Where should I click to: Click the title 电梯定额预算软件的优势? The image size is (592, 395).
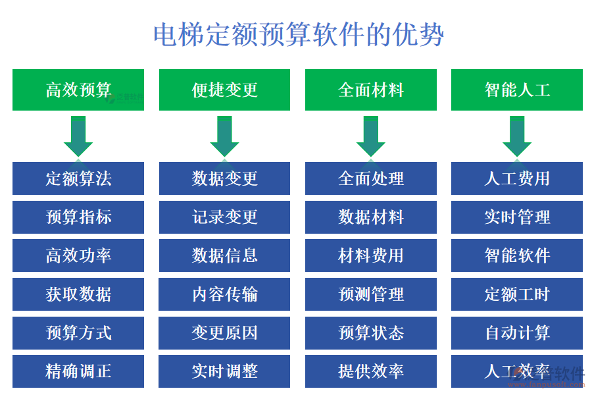tap(298, 34)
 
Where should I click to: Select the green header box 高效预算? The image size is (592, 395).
tap(78, 90)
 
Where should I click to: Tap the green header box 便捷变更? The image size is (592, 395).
tap(224, 90)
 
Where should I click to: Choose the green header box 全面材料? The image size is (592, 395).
tap(370, 90)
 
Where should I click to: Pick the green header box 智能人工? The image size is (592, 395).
tap(516, 90)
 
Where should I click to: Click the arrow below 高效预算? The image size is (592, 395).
tap(78, 136)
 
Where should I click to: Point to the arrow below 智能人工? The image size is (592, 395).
tap(516, 136)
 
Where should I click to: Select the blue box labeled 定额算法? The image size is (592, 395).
tap(78, 178)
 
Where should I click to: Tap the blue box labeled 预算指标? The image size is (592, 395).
tap(78, 217)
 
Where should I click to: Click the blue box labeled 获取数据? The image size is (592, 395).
tap(78, 294)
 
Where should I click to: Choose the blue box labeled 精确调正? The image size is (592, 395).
tap(78, 371)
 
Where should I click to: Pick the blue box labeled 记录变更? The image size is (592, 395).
tap(224, 217)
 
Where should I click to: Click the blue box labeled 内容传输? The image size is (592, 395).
tap(224, 294)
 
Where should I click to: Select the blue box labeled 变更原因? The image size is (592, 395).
tap(224, 332)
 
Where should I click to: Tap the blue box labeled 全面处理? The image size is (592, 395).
tap(370, 178)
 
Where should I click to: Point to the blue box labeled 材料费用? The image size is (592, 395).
tap(370, 255)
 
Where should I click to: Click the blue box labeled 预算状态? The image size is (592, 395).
tap(370, 332)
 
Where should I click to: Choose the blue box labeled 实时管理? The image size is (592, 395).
tap(516, 217)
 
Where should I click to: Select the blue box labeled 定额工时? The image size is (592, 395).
tap(516, 294)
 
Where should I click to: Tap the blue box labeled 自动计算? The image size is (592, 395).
tap(516, 332)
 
